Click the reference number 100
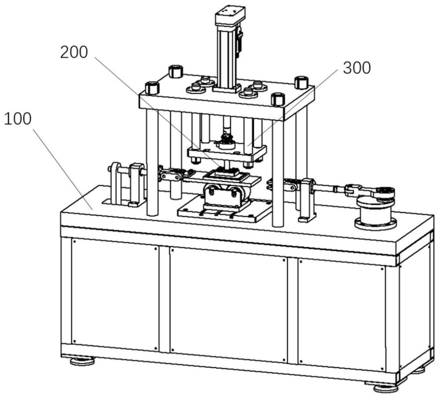(18, 119)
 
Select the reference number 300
(356, 68)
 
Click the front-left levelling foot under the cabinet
(83, 362)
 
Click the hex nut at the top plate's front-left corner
(152, 88)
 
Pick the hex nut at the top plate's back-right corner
(301, 82)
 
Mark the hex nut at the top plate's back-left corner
(175, 71)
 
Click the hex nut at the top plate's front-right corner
(278, 99)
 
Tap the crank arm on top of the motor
(371, 192)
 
